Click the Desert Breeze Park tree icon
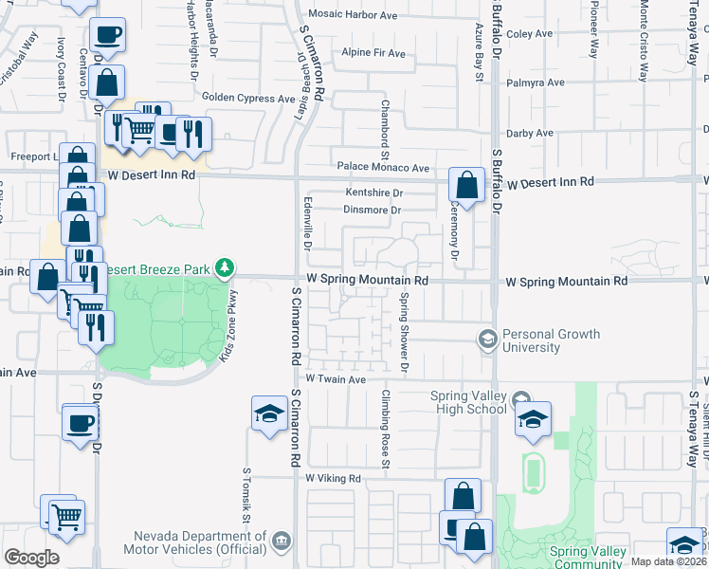point(225,268)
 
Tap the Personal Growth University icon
point(487,339)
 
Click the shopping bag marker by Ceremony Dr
point(465,185)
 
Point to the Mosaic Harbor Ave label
point(351,16)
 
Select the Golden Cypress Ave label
point(249,99)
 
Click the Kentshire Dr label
point(374,193)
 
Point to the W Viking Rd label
point(334,479)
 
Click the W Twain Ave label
point(336,379)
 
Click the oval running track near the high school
point(534,471)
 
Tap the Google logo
point(31,558)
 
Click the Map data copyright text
point(668,561)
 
